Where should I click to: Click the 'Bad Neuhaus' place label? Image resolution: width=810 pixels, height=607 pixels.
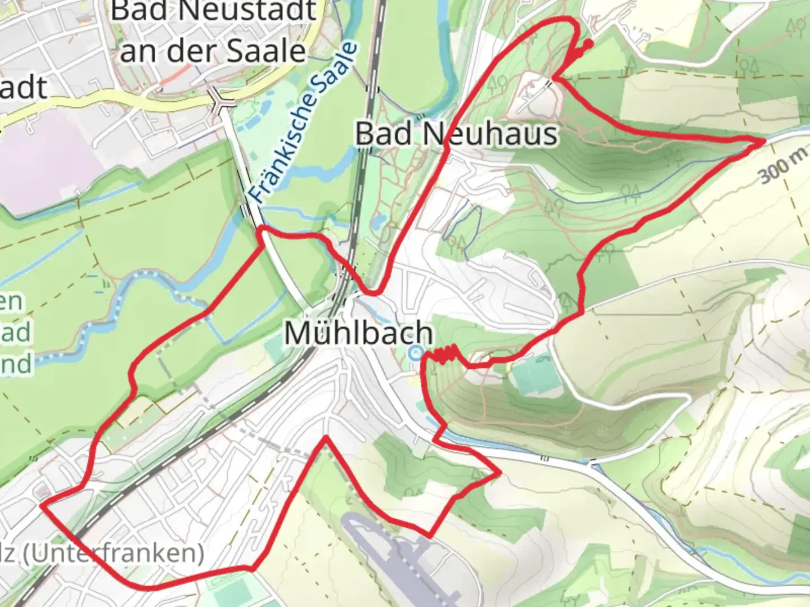[x=457, y=134]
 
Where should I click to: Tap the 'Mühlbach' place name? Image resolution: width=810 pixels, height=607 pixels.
[x=358, y=333]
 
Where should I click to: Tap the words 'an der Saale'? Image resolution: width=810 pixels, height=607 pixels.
[x=213, y=51]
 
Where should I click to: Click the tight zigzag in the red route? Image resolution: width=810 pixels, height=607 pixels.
[x=444, y=355]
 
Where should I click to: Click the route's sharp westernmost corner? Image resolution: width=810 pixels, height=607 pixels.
[x=42, y=505]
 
